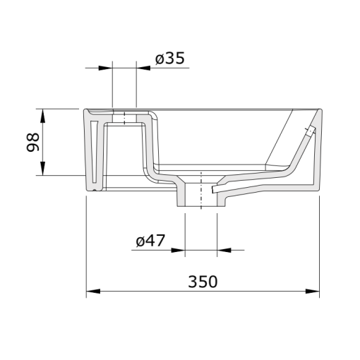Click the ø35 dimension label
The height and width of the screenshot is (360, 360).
pyautogui.click(x=169, y=59)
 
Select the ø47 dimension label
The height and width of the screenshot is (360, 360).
pyautogui.click(x=150, y=241)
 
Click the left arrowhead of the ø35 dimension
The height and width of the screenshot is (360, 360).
pyautogui.click(x=107, y=68)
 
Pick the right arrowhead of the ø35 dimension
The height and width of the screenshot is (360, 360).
pyautogui.click(x=142, y=68)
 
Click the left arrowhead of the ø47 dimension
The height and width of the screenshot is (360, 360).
pyautogui.click(x=178, y=249)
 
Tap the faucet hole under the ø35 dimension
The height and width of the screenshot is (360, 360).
pyautogui.click(x=124, y=116)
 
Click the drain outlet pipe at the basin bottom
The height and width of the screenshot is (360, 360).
pyautogui.click(x=201, y=194)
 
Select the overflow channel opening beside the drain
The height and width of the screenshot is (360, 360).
pyautogui.click(x=216, y=190)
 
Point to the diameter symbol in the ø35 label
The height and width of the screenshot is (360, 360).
pyautogui.click(x=160, y=59)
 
